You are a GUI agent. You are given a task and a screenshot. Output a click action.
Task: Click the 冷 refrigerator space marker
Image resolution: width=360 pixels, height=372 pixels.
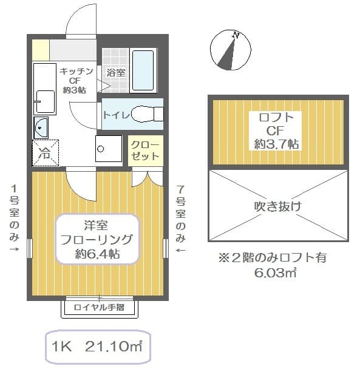point(46,153)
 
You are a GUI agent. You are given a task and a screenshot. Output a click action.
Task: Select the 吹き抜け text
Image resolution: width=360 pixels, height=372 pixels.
point(277,205)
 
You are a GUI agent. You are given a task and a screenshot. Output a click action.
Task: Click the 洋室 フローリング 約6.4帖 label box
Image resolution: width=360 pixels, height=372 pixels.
point(97,238)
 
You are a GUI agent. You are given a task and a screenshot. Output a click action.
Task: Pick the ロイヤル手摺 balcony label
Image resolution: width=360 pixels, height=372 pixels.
point(99,307)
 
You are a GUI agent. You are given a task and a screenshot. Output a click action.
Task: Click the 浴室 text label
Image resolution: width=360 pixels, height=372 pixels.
point(115,72)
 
